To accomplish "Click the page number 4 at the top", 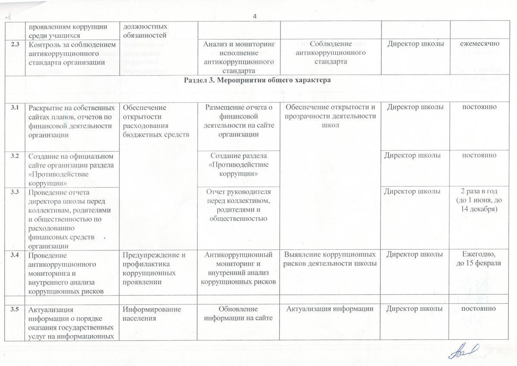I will click(255, 16).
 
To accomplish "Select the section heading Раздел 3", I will click(258, 80).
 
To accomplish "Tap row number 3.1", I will click(15, 107).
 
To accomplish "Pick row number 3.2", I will click(15, 156).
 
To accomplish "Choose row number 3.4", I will click(15, 255).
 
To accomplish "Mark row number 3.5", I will click(15, 309).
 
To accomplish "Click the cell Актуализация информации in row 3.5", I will click(330, 309).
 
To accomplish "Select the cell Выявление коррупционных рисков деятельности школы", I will click(330, 259).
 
